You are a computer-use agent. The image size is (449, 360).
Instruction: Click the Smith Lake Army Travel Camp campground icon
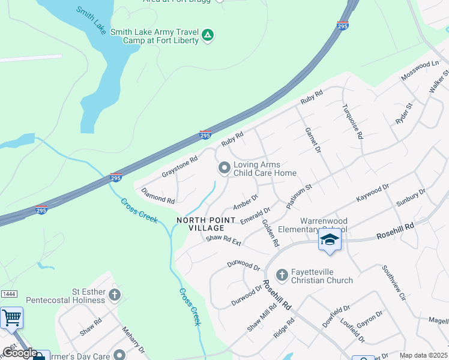[x=208, y=36]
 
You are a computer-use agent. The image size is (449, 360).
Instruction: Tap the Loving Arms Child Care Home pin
[x=224, y=169]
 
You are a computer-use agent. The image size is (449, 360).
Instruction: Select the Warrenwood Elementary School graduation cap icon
[x=329, y=240]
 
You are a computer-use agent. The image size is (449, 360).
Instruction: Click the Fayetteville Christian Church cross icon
[x=282, y=275]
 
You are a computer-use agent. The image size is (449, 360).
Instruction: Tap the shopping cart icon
[x=11, y=317]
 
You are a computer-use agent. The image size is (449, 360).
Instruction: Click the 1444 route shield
[x=8, y=293]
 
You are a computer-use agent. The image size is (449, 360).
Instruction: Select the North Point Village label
[x=200, y=224]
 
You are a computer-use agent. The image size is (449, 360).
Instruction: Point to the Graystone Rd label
[x=179, y=168]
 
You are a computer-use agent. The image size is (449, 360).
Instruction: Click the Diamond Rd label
[x=158, y=195]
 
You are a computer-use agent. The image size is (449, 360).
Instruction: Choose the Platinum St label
[x=300, y=196]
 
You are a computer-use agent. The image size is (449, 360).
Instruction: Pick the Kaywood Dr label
[x=373, y=193]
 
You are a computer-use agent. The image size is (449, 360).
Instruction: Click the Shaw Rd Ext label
[x=223, y=241]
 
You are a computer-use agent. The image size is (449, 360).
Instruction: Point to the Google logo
[x=20, y=353]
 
